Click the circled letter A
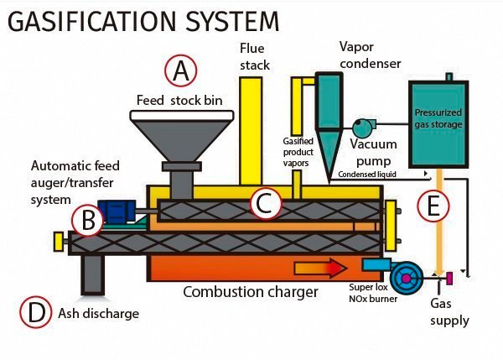pos(180,71)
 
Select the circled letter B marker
pos(88,219)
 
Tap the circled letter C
pos(264,201)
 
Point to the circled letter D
pos(34,313)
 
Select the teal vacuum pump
pos(363,127)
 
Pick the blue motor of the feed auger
pos(112,211)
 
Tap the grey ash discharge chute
pos(91,274)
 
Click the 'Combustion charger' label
pos(251,292)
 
